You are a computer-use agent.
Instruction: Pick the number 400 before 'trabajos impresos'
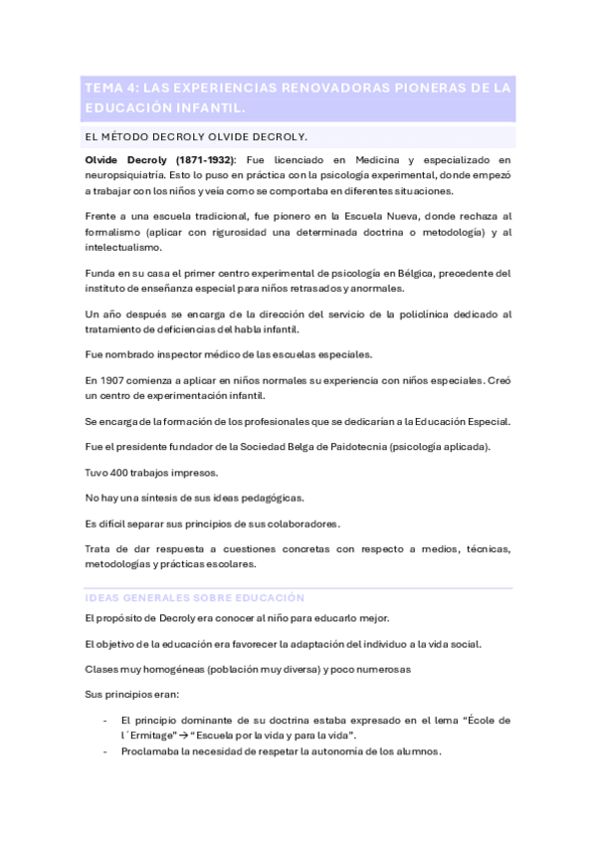pos(119,472)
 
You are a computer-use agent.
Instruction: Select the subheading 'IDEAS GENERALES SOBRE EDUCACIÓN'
pos(195,597)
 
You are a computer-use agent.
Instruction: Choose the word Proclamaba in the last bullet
pos(149,750)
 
